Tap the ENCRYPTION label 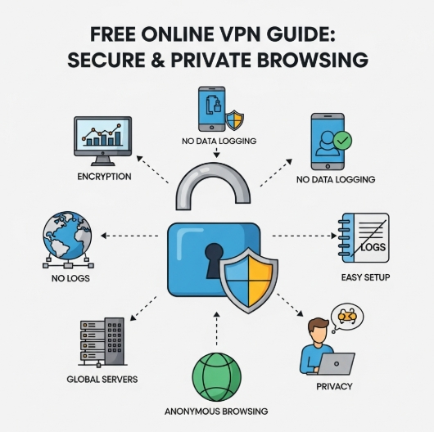tap(104, 176)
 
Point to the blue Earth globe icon tap(66, 238)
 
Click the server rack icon tap(102, 342)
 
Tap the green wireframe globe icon tap(216, 376)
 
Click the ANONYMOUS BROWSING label tap(216, 411)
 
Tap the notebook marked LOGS tap(364, 238)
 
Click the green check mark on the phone tap(341, 140)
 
